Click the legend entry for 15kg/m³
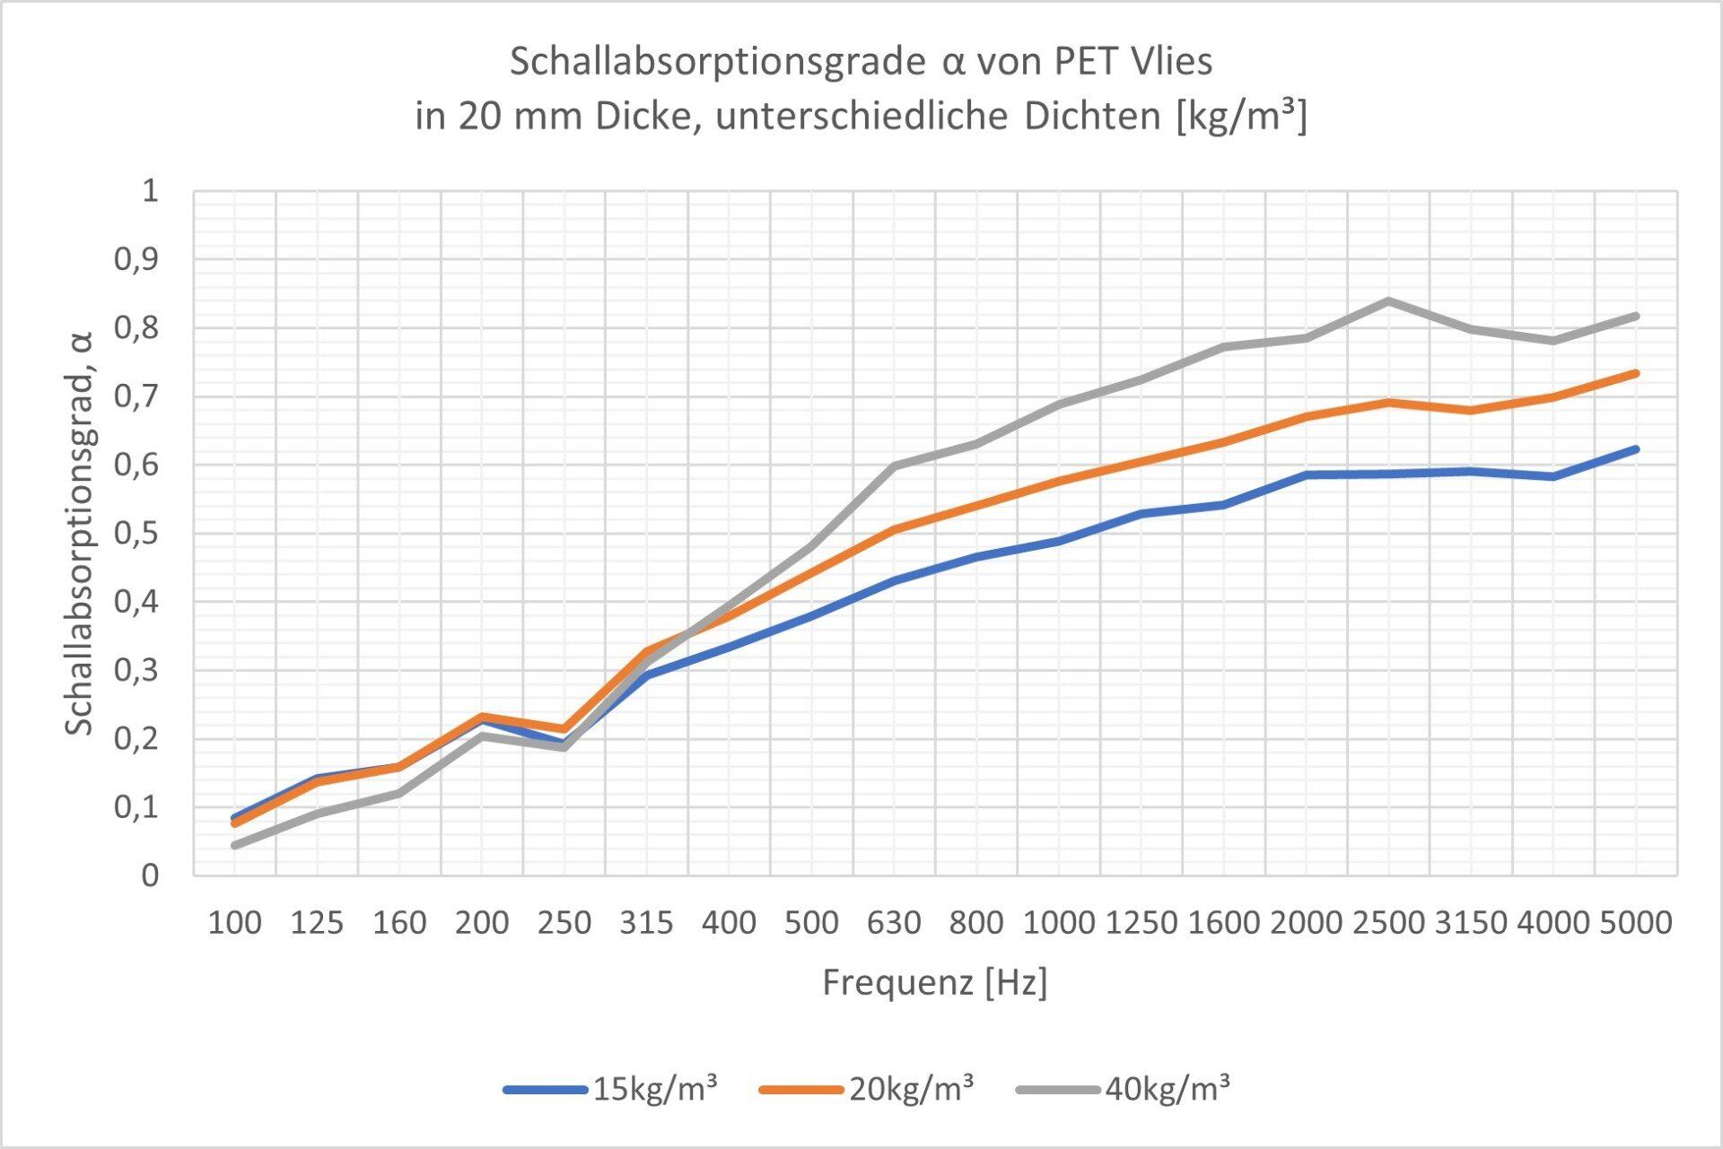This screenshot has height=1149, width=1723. coord(610,1089)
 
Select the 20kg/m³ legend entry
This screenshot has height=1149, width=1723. coord(867,1089)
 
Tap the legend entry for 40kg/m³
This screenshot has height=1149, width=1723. coord(1124,1089)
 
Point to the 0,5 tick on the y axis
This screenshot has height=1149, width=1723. coord(136,533)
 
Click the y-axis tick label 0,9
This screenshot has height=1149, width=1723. coord(136,259)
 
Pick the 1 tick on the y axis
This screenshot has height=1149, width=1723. coord(150,190)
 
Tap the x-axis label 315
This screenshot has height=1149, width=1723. coord(646,922)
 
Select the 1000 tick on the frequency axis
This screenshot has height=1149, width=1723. coord(1059,922)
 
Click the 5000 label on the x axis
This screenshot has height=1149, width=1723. coord(1636,922)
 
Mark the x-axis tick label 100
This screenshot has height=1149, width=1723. coord(234,922)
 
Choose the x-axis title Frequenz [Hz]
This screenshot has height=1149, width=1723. coord(935,983)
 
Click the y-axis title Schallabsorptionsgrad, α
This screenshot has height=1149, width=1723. coord(80,533)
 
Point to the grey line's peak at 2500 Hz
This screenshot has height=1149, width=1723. coord(1388,301)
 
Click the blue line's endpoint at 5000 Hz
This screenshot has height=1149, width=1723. coord(1635,449)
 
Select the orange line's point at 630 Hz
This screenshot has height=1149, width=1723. coord(894,529)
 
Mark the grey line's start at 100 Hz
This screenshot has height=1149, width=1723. coord(234,845)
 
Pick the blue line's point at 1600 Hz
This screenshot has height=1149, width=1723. coord(1223,505)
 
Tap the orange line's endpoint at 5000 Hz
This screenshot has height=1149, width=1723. coord(1635,373)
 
